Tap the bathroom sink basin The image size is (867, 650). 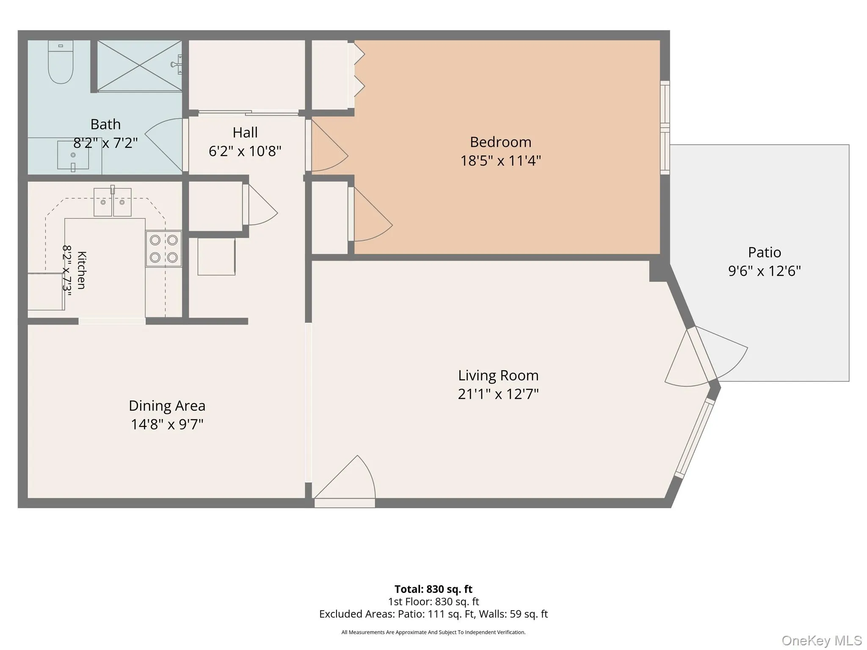coord(73,155)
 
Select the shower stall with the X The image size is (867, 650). coord(140,66)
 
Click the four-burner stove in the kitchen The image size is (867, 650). coord(164,248)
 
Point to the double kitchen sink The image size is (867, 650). coord(113,202)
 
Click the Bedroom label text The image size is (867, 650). coord(500,142)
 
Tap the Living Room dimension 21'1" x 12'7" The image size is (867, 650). coord(498,394)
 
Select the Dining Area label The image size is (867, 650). coord(167,406)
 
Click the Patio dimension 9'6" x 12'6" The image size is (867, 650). coord(765,271)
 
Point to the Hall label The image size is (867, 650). coord(245,132)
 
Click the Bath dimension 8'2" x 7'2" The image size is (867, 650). coord(105,143)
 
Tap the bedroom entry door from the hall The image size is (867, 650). coord(329,145)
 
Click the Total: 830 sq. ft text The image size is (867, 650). coord(433,589)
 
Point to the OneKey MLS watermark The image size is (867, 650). coord(822,640)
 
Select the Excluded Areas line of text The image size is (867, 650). coord(433,614)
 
